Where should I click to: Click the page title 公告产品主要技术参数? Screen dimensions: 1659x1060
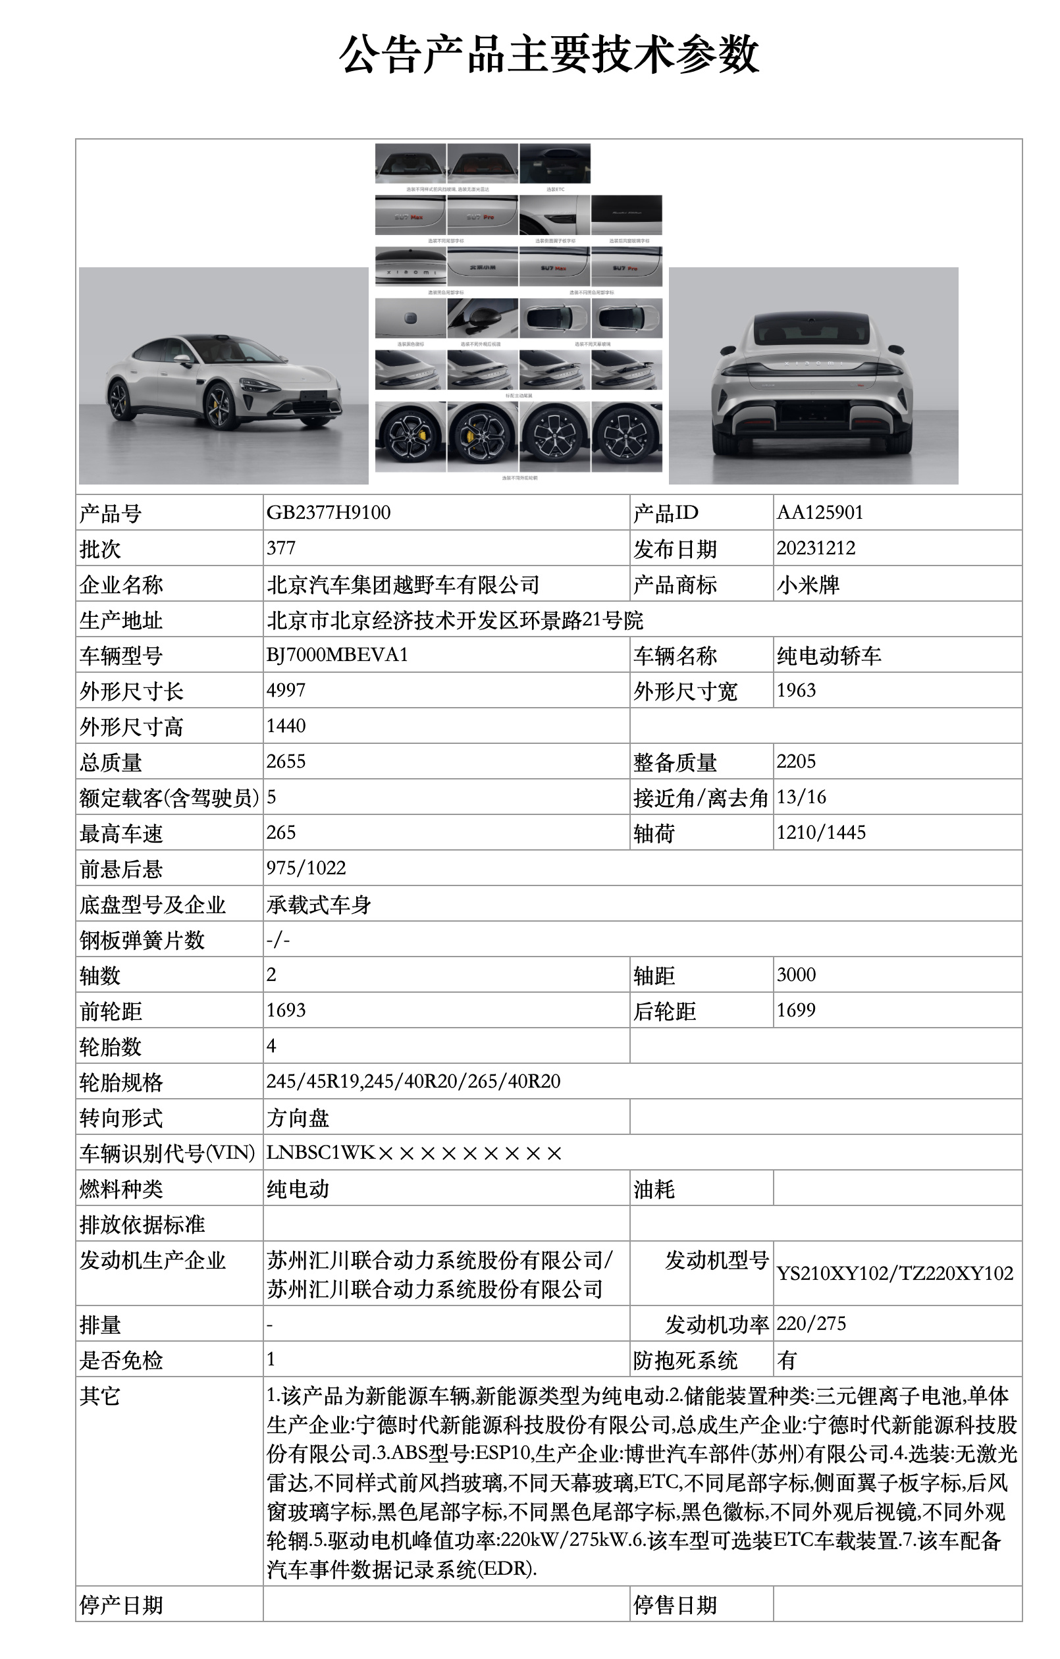coord(548,55)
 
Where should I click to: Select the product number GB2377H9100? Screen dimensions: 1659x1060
coord(328,513)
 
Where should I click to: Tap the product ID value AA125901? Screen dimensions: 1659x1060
coord(820,513)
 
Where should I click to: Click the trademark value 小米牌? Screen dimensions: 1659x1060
coord(808,585)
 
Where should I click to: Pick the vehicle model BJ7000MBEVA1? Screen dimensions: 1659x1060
coord(337,654)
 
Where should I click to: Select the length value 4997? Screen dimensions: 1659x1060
coord(286,691)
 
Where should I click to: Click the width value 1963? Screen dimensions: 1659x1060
coord(796,691)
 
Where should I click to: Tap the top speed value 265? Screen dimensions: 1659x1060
coord(281,833)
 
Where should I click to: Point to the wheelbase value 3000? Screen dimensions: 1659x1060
coord(796,975)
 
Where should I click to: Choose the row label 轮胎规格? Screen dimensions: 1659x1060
coord(121,1082)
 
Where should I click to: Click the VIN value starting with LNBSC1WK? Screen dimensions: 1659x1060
coord(414,1153)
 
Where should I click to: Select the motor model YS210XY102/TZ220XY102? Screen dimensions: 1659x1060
coord(895,1273)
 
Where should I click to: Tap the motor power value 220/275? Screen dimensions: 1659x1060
coord(811,1323)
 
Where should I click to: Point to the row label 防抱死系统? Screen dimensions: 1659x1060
coord(685,1360)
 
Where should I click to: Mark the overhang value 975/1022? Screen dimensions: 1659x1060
coord(306,868)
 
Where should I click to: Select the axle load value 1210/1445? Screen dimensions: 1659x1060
coord(821,833)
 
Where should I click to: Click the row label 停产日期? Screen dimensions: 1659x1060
coord(121,1604)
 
